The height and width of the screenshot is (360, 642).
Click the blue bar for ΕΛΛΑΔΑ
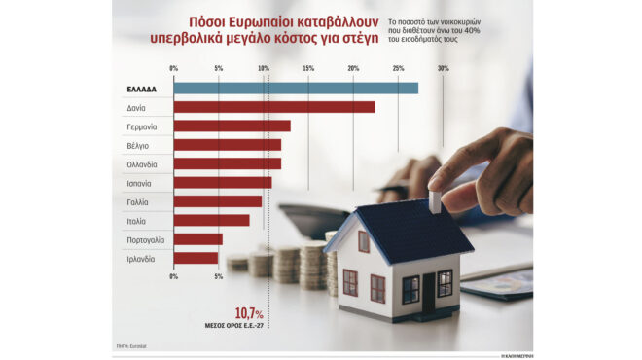point(296,89)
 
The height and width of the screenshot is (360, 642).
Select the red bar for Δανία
point(274,107)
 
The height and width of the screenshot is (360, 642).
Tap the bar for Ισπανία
point(223,182)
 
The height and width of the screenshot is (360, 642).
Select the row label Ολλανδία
point(141,163)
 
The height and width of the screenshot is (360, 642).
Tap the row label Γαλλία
point(137,201)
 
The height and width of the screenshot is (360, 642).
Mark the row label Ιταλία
point(136,220)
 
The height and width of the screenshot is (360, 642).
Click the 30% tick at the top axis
point(443,68)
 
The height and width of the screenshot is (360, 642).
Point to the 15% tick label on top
point(308,68)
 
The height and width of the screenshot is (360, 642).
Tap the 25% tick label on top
point(398,68)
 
